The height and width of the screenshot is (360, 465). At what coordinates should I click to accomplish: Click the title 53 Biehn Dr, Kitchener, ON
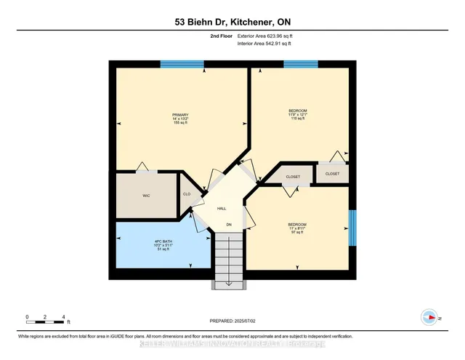(x=232, y=21)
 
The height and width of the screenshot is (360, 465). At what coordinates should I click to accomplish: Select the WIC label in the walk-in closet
(x=145, y=196)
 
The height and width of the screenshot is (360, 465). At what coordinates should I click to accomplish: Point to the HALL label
(x=221, y=208)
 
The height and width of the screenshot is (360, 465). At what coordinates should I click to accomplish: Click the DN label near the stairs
(x=228, y=225)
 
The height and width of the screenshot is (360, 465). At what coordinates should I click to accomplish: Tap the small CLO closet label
(x=186, y=194)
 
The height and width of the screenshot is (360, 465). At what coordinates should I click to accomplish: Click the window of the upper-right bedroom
(x=300, y=64)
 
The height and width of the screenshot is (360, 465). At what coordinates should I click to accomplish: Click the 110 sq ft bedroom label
(x=298, y=114)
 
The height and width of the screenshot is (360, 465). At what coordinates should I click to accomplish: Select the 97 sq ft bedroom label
(x=296, y=228)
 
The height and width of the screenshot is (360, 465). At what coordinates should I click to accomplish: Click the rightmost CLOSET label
(x=332, y=174)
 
